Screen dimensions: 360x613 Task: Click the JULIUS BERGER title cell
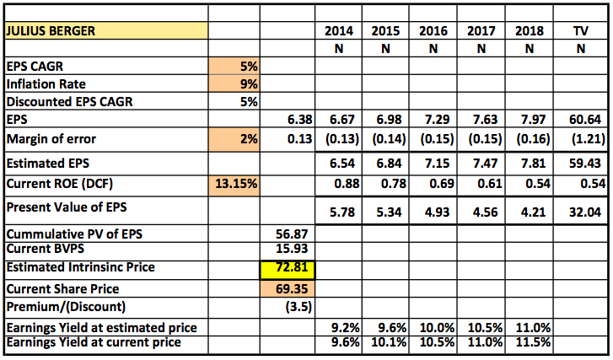click(x=106, y=31)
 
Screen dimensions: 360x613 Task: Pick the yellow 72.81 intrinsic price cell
click(x=288, y=268)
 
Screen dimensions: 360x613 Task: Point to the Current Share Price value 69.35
click(x=288, y=288)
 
